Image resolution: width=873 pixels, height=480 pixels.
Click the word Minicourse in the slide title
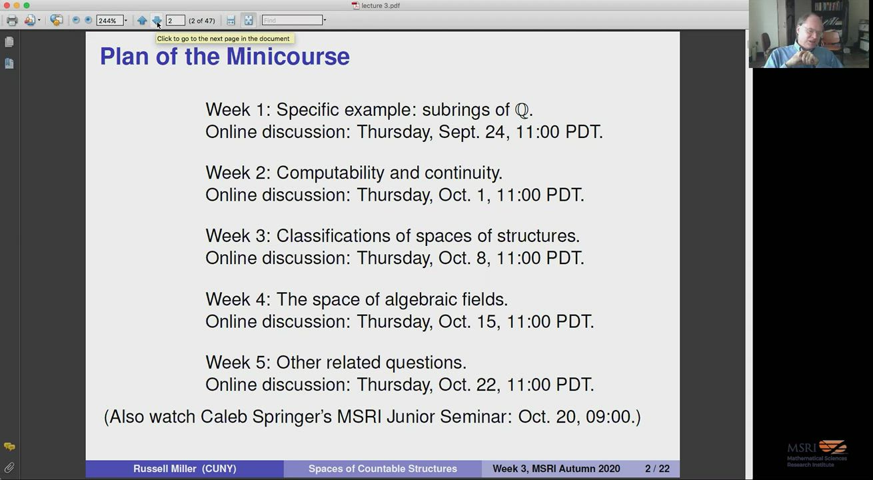coord(288,56)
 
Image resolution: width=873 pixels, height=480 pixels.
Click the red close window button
coord(7,5)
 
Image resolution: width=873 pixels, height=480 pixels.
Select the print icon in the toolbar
coord(12,20)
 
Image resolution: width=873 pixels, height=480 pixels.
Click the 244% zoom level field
coord(111,20)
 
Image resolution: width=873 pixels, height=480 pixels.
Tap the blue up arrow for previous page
coord(142,20)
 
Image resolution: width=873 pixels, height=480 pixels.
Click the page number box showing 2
coord(175,20)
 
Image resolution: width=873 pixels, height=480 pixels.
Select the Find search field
coord(293,20)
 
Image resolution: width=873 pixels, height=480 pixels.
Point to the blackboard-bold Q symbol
coord(522,111)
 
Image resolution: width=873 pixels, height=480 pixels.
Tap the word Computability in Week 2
coord(331,173)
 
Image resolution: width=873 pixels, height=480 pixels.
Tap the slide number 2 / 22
coord(657,468)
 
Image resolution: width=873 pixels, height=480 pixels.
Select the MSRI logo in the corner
coord(817,453)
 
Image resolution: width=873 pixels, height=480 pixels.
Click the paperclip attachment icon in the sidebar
coord(9,467)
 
